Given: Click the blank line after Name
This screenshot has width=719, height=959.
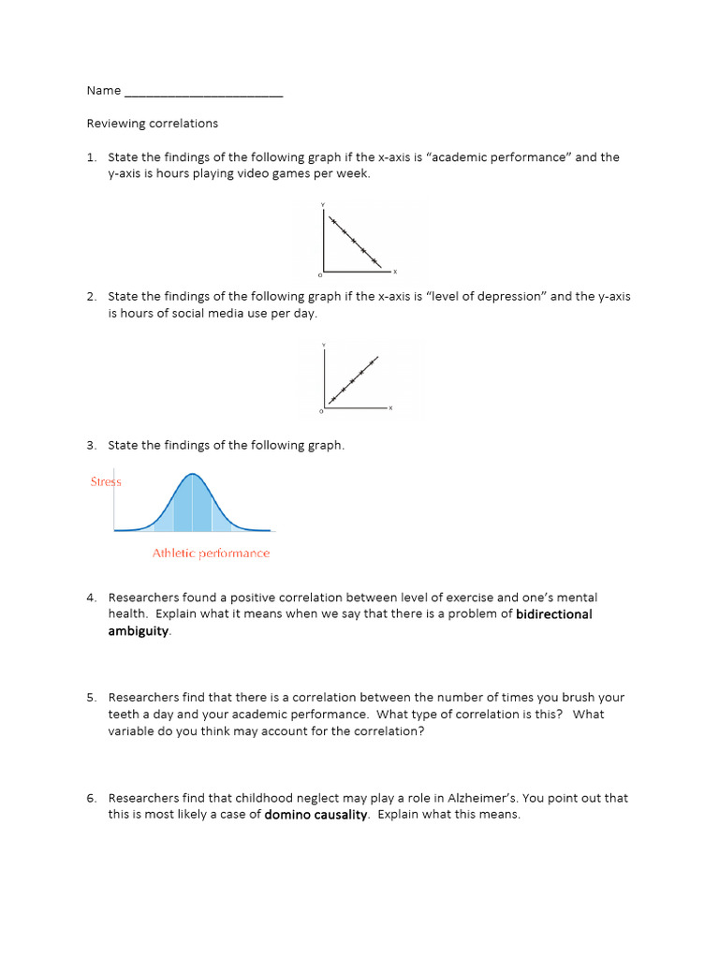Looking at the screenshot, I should click(203, 92).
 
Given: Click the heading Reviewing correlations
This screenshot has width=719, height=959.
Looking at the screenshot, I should click(152, 124).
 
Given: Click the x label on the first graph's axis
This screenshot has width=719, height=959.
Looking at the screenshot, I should click(394, 273).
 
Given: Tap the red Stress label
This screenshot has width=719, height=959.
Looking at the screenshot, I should click(106, 481).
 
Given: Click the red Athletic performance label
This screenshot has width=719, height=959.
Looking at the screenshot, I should click(211, 553).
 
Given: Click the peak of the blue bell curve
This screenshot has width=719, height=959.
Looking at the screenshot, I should click(193, 475).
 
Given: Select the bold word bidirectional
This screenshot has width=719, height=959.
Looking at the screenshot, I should click(554, 614).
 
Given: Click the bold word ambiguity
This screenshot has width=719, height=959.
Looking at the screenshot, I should click(139, 631).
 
